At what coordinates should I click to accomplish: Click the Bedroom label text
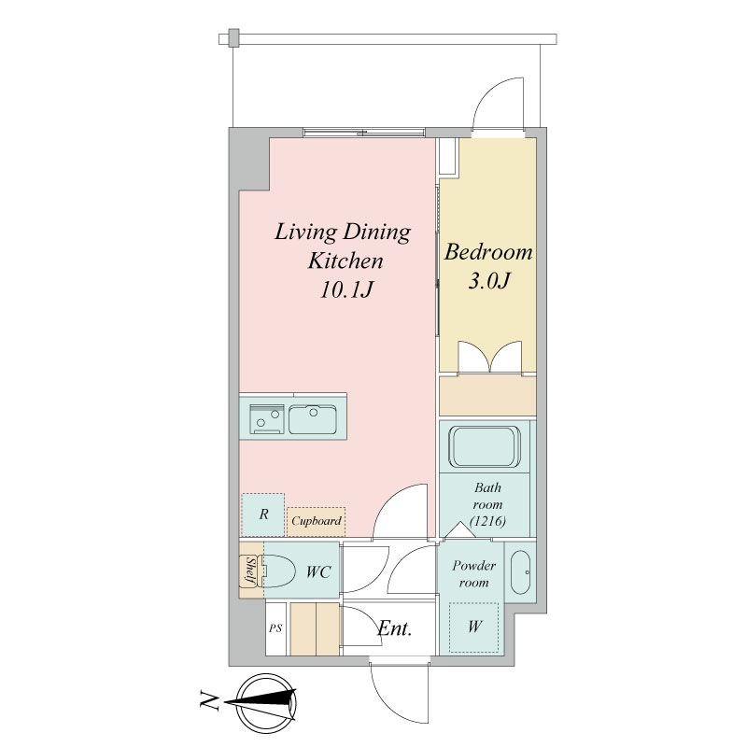tap(488, 252)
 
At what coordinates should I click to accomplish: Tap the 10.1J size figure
tap(345, 289)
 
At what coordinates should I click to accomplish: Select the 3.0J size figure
tap(489, 281)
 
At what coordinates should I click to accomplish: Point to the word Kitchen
tap(345, 261)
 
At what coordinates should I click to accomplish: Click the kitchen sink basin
tap(313, 419)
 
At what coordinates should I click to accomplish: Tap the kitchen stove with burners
tap(267, 419)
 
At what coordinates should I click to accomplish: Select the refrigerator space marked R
tap(263, 514)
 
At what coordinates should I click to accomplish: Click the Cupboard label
tap(317, 521)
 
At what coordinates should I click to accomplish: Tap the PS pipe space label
tap(275, 628)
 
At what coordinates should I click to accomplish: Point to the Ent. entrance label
tap(394, 628)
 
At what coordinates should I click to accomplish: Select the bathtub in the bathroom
tap(485, 447)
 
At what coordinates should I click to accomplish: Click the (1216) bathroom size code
tap(487, 521)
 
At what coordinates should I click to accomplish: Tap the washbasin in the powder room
tap(520, 572)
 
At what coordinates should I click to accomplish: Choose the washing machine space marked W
tap(474, 627)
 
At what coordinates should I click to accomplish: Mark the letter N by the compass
tap(208, 701)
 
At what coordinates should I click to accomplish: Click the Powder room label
tap(473, 574)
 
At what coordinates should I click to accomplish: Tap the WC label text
tap(318, 571)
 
